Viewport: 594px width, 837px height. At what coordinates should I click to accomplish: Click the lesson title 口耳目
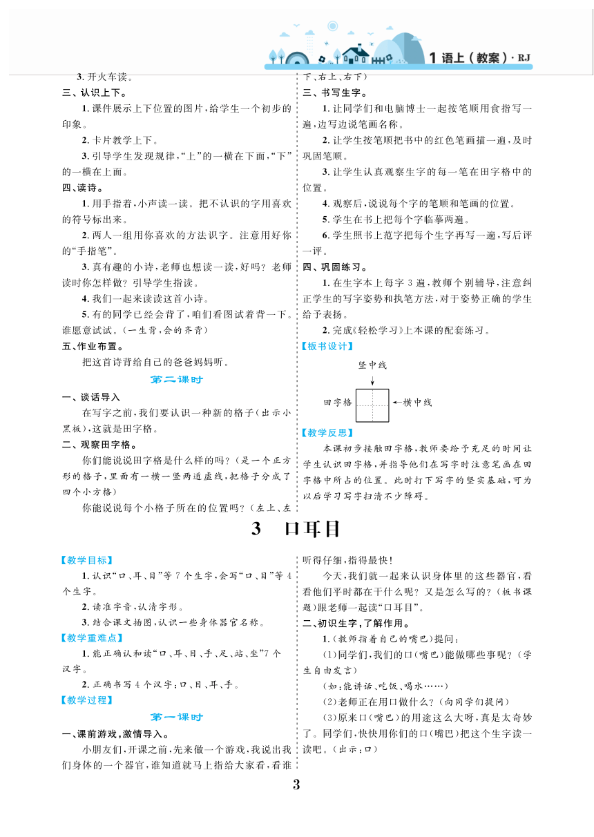pos(296,529)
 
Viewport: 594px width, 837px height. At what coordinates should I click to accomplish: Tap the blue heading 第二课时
pos(177,379)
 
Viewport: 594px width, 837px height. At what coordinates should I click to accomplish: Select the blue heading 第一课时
pos(177,717)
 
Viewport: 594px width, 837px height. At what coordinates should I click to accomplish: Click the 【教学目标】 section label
pos(86,560)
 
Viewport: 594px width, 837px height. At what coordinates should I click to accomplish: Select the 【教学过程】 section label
pos(86,700)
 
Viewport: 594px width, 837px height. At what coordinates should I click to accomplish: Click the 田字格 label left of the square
pos(338,402)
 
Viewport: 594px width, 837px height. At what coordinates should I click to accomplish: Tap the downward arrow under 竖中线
pos(372,379)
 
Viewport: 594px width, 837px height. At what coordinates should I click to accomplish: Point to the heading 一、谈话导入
pos(90,397)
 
